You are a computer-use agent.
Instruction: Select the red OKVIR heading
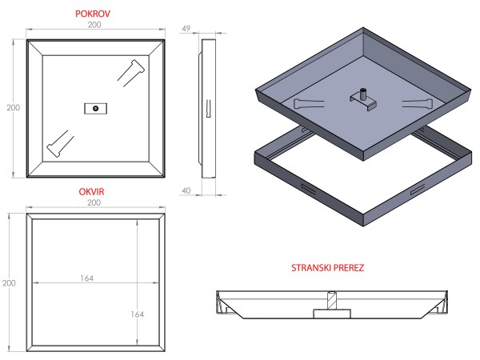pyautogui.click(x=95, y=192)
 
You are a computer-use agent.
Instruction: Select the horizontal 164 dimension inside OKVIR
pyautogui.click(x=86, y=278)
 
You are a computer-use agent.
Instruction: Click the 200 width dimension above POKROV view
pyautogui.click(x=95, y=26)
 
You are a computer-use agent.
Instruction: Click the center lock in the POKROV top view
pyautogui.click(x=95, y=107)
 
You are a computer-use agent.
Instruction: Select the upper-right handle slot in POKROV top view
pyautogui.click(x=131, y=70)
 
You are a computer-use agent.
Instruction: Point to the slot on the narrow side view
pyautogui.click(x=208, y=107)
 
